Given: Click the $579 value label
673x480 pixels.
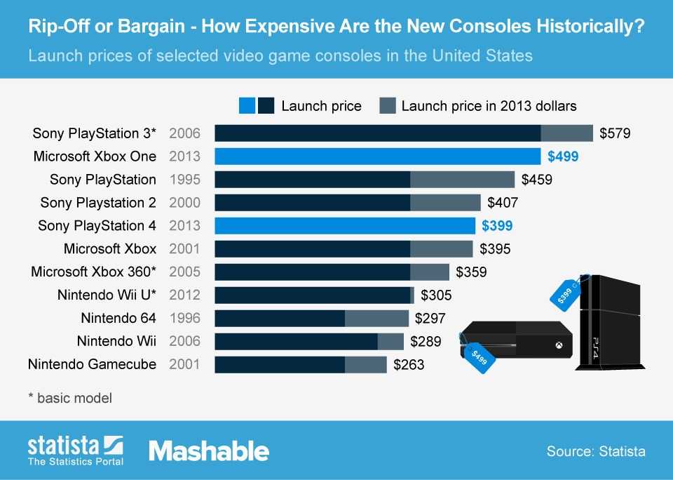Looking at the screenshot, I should click(x=615, y=133).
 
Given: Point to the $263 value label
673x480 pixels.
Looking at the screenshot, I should click(x=409, y=365).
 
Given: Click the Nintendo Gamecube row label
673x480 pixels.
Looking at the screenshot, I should click(x=92, y=364).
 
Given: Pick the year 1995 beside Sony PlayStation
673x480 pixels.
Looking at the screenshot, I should click(x=185, y=180).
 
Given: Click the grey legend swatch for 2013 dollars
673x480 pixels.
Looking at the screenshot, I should click(x=388, y=106).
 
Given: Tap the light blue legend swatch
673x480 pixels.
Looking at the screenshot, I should click(x=247, y=106).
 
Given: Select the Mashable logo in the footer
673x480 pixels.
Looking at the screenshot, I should click(x=208, y=451).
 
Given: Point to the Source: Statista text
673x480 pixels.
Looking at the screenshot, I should click(x=596, y=451).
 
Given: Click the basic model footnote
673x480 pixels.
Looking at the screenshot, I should click(x=69, y=398).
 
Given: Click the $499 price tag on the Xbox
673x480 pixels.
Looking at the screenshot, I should click(x=479, y=356).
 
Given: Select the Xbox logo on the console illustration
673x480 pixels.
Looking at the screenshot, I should click(x=559, y=345).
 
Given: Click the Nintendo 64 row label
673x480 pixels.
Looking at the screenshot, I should click(x=118, y=319).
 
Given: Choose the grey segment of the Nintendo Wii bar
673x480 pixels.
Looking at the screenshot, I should click(x=390, y=342).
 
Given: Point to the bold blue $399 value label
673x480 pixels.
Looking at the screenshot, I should click(x=497, y=226).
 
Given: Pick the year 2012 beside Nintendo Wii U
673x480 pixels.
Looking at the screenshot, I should click(x=185, y=295).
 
